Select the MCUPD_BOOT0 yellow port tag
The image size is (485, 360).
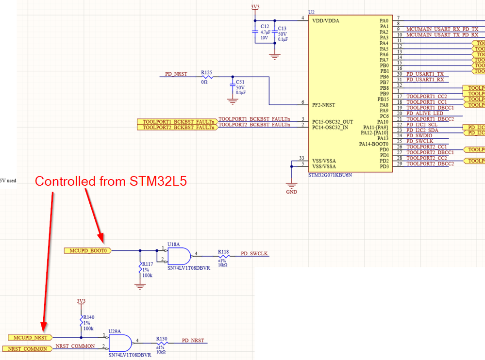click(x=88, y=250)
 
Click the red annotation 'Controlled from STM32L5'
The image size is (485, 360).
click(x=111, y=181)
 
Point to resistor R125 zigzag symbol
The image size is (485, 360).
click(x=207, y=77)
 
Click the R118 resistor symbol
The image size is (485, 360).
click(x=223, y=256)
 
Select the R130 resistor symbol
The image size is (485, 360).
click(x=162, y=343)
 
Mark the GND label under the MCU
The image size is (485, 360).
click(x=291, y=192)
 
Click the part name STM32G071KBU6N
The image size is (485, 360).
click(x=330, y=175)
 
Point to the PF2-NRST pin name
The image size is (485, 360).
click(x=324, y=105)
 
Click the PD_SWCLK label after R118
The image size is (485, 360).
click(x=254, y=253)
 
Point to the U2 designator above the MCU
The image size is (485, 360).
click(x=312, y=12)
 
